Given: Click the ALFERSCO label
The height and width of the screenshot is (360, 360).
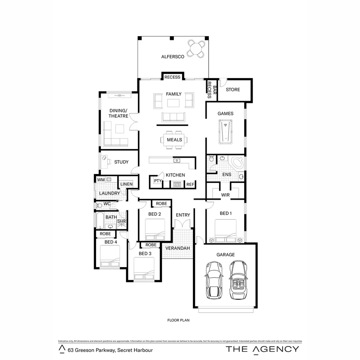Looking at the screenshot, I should point(173,57).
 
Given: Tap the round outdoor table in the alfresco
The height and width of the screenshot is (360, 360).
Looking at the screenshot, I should point(196,49).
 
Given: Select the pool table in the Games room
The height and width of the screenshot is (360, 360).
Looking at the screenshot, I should point(225,132).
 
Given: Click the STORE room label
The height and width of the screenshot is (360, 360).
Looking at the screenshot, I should point(233,89).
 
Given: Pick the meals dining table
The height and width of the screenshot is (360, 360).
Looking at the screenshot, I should point(174,140).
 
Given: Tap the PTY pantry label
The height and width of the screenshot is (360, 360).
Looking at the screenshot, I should point(157,181).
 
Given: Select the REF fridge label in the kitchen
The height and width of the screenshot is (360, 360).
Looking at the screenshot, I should point(190,184).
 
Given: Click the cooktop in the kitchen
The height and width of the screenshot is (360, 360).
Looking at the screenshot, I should point(177,184).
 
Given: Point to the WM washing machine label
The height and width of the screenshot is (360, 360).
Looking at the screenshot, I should point(100,180).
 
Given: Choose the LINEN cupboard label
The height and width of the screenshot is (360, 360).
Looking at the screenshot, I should point(126,184).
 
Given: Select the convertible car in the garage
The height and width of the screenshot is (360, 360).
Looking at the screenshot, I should point(238,280).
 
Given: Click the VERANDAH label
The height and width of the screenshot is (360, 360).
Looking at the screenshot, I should point(178,248).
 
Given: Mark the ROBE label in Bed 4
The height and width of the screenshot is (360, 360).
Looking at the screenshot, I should point(105,234).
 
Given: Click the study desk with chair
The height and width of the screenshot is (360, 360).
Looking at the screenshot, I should point(106,162).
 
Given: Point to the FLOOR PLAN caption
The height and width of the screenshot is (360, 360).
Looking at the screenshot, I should point(178,320).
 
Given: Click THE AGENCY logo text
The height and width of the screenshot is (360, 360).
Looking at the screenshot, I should point(263,349).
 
